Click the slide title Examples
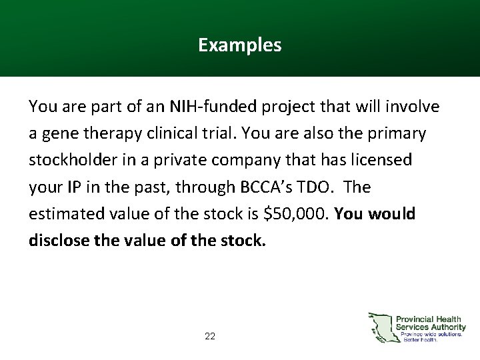pyautogui.click(x=239, y=45)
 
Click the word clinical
pyautogui.click(x=175, y=133)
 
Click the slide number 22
pyautogui.click(x=210, y=337)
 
